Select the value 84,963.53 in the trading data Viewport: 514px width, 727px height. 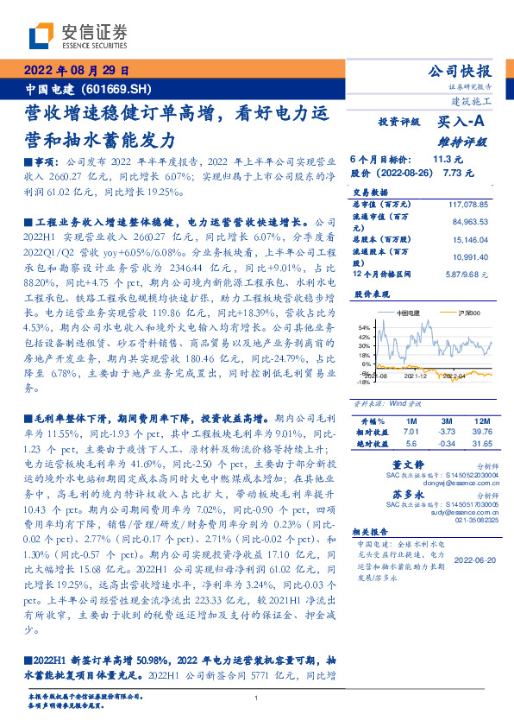point(471,221)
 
